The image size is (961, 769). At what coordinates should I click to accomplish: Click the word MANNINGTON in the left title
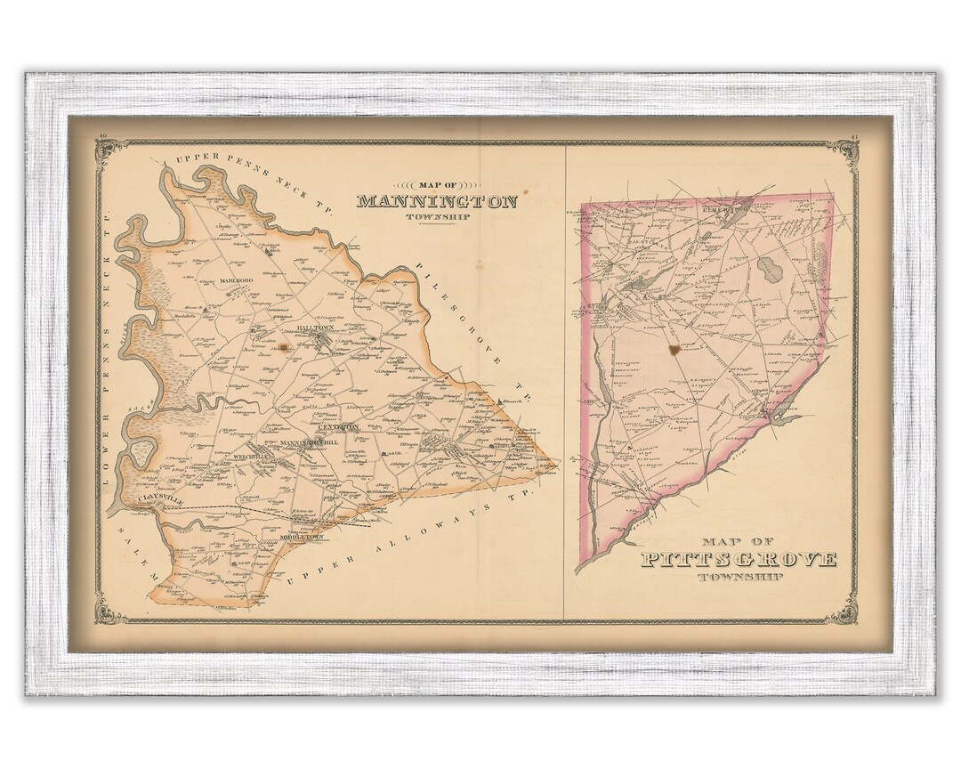[x=436, y=201]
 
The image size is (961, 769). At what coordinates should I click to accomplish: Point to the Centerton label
[x=338, y=427]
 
